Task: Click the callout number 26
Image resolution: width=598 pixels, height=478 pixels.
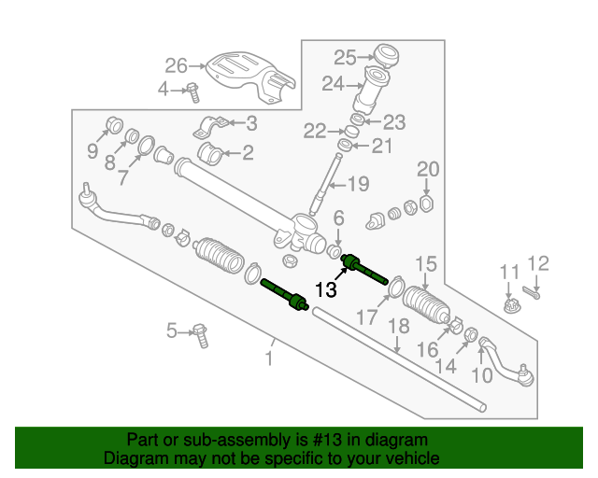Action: pos(177,65)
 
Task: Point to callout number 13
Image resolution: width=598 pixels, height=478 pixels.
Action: pos(325,290)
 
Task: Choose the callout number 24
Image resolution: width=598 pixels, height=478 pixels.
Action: pos(335,84)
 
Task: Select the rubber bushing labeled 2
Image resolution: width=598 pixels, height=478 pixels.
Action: pos(214,151)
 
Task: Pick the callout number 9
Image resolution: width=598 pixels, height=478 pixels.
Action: pos(93,150)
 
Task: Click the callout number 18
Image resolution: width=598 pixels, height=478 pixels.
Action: pos(399,326)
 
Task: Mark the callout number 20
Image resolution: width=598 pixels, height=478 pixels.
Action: pos(427,169)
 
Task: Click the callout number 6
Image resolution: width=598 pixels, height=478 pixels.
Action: pos(338,218)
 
